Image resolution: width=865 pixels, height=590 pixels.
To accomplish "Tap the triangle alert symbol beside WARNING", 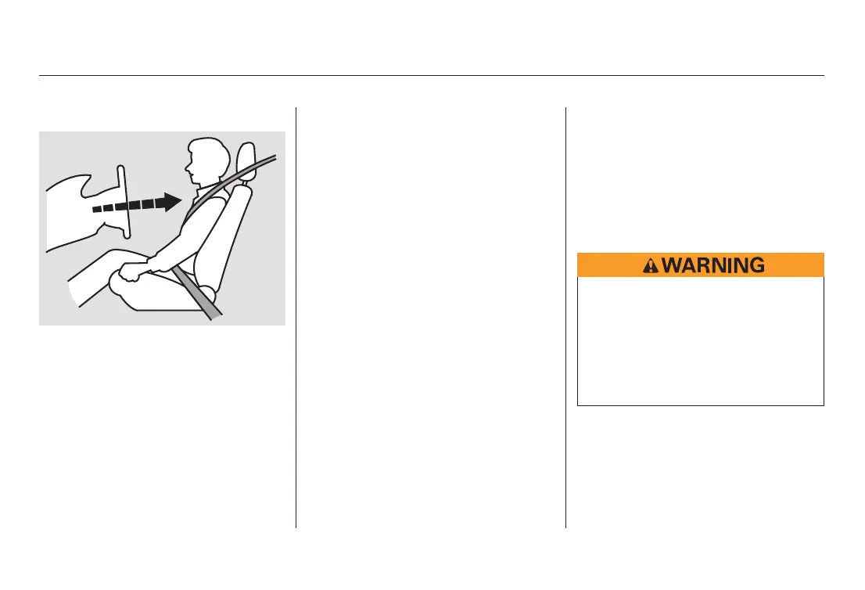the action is tap(649, 266).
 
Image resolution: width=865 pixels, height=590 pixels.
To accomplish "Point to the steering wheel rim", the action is tap(123, 200).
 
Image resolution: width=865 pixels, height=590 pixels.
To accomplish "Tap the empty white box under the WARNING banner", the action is tap(700, 340).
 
